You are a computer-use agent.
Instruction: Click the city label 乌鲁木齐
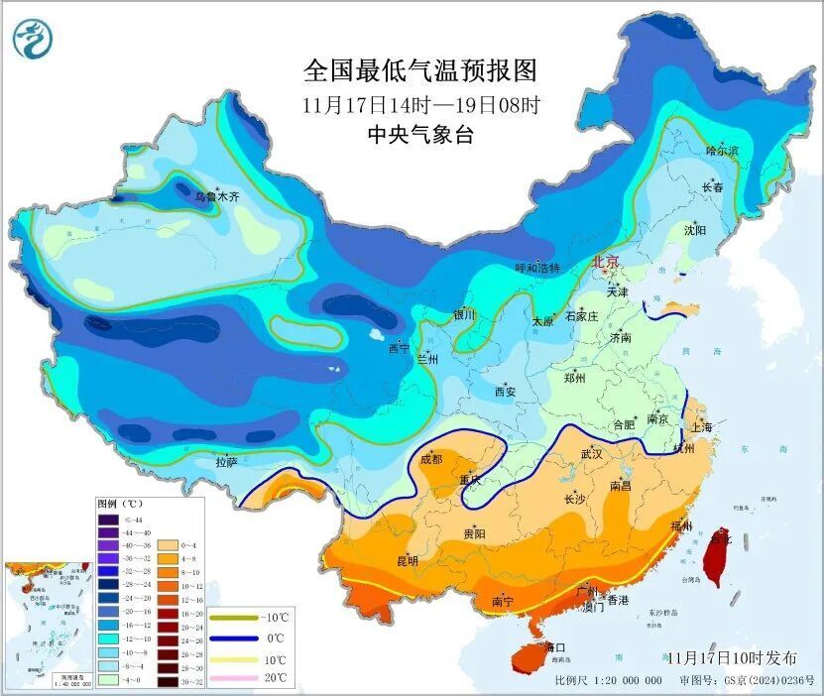pos(216,197)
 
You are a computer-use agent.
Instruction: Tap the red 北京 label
pos(605,263)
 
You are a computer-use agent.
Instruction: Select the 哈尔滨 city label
pos(722,150)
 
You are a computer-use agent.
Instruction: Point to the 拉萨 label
pos(226,461)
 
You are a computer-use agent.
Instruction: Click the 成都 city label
pos(431,458)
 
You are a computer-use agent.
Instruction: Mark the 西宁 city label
pos(398,349)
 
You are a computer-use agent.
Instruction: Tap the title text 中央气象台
pos(420,135)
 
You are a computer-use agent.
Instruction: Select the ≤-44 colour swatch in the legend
pos(108,519)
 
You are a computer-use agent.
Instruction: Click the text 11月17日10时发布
pos(732,658)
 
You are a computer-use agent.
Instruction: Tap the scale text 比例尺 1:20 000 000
pos(608,680)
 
